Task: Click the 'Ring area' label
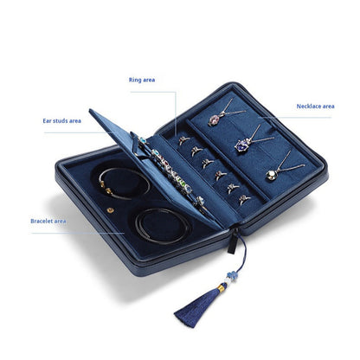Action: [142, 79]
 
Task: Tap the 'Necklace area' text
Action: [315, 106]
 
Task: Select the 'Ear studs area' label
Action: [62, 120]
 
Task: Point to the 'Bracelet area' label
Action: [48, 221]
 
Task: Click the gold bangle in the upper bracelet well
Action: [122, 183]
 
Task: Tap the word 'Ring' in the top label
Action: [135, 79]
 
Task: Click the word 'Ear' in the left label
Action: [48, 120]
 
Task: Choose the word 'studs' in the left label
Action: [61, 120]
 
